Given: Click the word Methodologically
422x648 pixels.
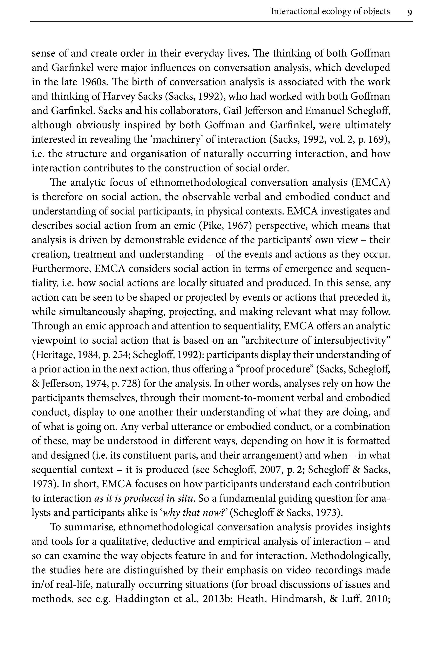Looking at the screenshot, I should pos(350,556).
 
